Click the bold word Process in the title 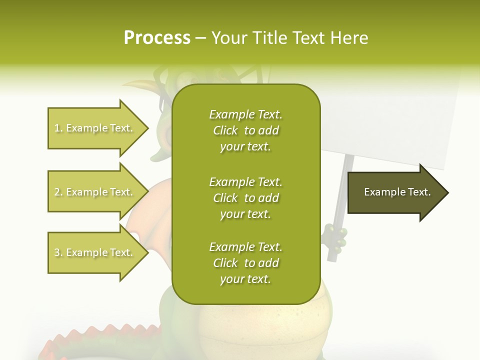[x=157, y=38]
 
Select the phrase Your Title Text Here [x=290, y=38]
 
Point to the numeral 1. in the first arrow [x=58, y=128]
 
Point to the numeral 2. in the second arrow [x=58, y=192]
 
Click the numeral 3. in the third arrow [x=58, y=253]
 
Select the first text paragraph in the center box [x=245, y=130]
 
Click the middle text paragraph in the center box [x=245, y=198]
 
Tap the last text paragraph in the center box [x=245, y=263]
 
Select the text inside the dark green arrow [x=397, y=192]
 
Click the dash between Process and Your [x=200, y=38]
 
